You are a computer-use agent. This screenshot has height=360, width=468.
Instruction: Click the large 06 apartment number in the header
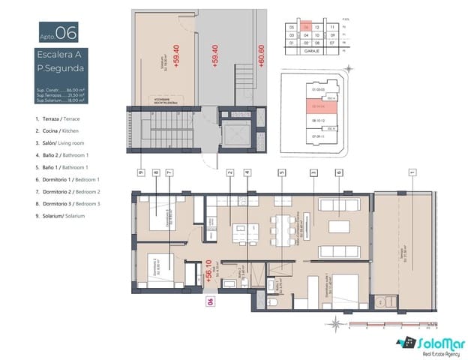pyautogui.click(x=66, y=32)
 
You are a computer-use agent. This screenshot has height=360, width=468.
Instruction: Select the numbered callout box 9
pyautogui.click(x=140, y=172)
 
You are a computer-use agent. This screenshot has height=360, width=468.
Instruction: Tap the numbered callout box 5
pyautogui.click(x=281, y=172)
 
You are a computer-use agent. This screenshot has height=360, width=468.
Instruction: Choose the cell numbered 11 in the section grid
pyautogui.click(x=331, y=26)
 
